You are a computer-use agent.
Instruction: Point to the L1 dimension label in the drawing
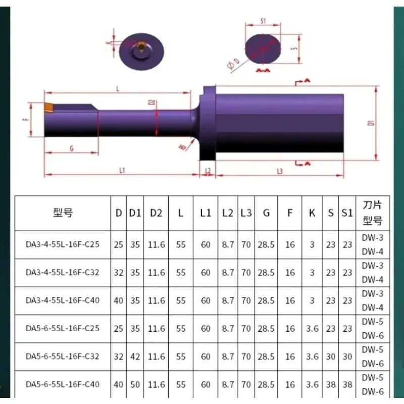(x=122, y=171)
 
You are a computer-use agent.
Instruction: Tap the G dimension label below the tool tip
(x=71, y=148)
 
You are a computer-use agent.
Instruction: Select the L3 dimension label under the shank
(x=280, y=171)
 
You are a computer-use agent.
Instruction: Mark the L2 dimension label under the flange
(x=208, y=171)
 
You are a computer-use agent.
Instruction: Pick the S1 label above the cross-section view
(x=263, y=21)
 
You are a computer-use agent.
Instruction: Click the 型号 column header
(x=63, y=213)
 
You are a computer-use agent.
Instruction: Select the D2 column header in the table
(x=156, y=213)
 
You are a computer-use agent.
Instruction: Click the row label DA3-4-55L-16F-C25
(x=63, y=244)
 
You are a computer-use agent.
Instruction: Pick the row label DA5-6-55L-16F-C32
(x=63, y=356)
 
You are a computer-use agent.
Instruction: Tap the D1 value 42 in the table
(x=134, y=357)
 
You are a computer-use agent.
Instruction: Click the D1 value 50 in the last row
(x=134, y=384)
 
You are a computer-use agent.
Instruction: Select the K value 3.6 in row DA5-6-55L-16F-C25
(x=312, y=328)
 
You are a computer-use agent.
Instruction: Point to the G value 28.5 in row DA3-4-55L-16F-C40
(x=266, y=300)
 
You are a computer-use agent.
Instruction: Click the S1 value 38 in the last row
(x=346, y=384)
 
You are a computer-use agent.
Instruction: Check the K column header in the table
(x=312, y=213)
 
